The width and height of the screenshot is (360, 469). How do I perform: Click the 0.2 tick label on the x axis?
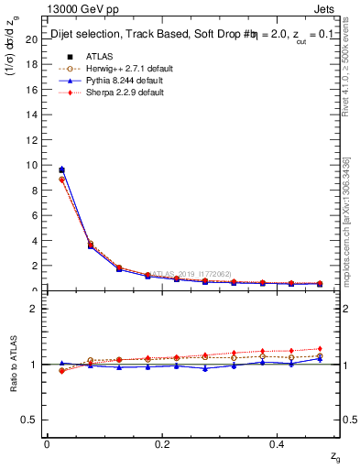161,444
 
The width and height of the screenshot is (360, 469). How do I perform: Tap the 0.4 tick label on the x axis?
277,444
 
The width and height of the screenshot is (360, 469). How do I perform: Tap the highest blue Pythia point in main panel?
61,169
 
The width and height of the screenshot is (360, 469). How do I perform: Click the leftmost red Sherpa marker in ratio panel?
61,371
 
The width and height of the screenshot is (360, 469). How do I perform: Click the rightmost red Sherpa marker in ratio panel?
320,349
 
